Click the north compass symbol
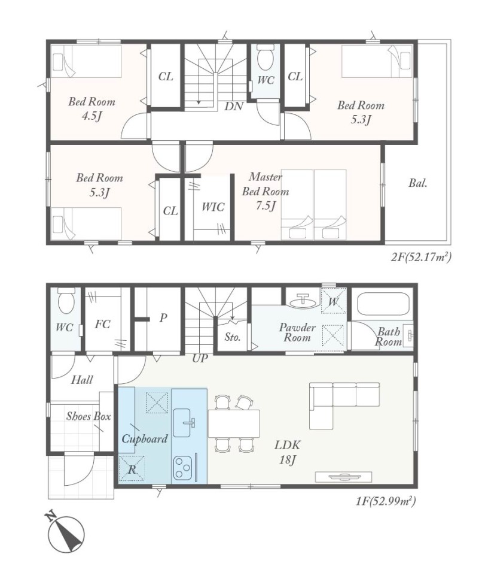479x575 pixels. click(x=66, y=532)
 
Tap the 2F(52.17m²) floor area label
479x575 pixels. click(x=421, y=258)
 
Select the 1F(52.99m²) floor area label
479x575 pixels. click(x=385, y=501)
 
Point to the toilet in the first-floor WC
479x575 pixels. click(x=66, y=300)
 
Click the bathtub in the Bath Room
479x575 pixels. click(x=383, y=304)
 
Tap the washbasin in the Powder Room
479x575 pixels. click(x=303, y=301)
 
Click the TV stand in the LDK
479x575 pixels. click(x=344, y=477)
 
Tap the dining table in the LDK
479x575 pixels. click(x=234, y=423)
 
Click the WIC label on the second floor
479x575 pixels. click(x=213, y=207)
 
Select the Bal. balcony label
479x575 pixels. click(x=418, y=183)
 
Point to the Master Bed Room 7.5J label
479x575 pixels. click(x=266, y=192)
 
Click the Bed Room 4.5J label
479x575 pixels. click(x=91, y=108)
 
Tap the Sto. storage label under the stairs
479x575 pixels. click(x=233, y=337)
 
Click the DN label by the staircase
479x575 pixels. click(x=234, y=107)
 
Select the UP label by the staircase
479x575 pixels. click(x=200, y=358)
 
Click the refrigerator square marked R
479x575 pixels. click(x=132, y=468)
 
